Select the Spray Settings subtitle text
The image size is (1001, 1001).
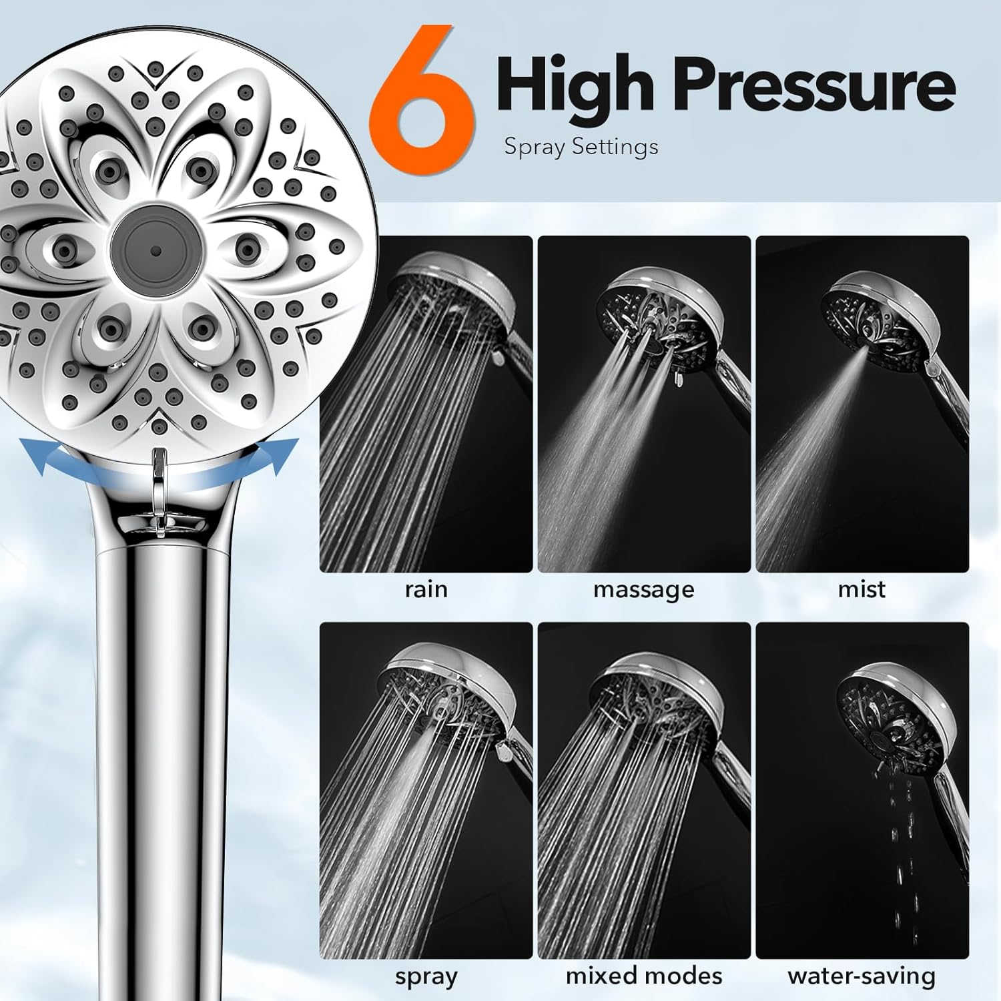(581, 146)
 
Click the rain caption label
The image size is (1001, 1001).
(426, 589)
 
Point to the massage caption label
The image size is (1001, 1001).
(643, 589)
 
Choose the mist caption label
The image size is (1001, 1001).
(862, 589)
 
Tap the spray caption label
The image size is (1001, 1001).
(426, 976)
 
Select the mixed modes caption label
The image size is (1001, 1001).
(643, 976)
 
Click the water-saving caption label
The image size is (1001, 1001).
(862, 976)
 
